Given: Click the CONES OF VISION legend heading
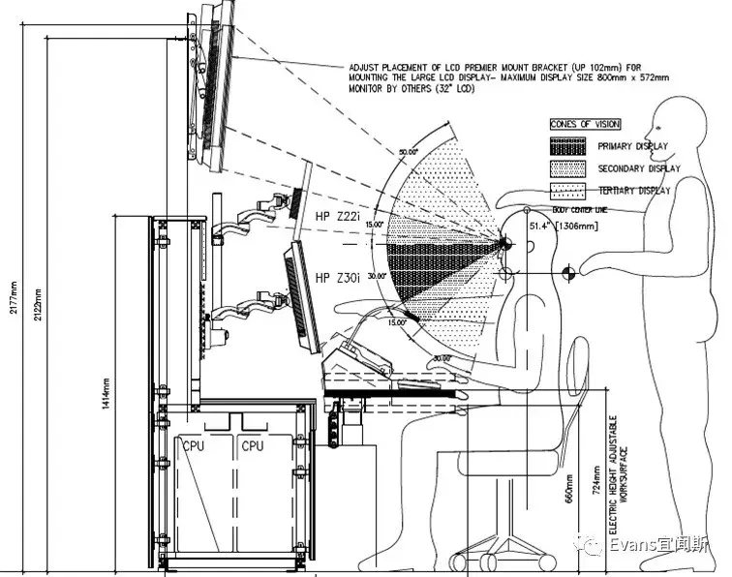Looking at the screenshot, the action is (586, 124).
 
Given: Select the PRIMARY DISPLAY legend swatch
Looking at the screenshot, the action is (568, 147).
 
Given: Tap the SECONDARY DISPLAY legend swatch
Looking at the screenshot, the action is (568, 168).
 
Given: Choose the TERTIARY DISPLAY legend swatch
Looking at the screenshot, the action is (568, 191).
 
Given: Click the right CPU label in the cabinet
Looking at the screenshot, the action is (252, 446).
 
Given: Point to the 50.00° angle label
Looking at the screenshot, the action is (408, 151).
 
